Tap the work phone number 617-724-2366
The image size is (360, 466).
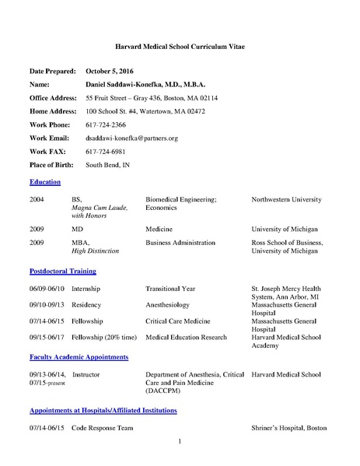(x=106, y=124)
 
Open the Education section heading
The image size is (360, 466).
(x=44, y=181)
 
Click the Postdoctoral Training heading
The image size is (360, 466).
(x=62, y=272)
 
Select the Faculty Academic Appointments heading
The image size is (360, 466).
(x=79, y=356)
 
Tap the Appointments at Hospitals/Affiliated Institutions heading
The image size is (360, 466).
(x=103, y=409)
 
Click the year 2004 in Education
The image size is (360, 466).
(x=37, y=200)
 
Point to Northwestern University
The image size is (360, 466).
(x=286, y=200)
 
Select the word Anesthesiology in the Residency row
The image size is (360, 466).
(x=170, y=305)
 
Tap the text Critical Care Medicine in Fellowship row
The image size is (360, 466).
(x=180, y=321)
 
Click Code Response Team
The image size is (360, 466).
(x=103, y=428)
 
